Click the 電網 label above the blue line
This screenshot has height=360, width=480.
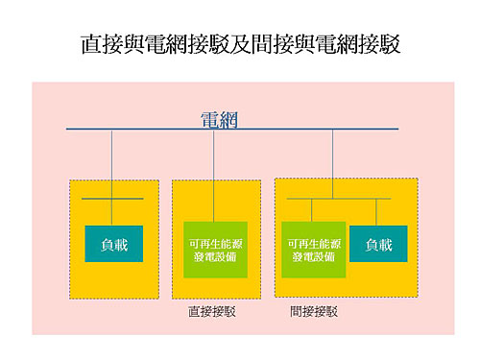click(x=218, y=120)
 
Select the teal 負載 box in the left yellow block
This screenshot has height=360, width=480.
click(x=113, y=245)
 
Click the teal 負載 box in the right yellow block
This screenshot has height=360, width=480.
click(x=378, y=245)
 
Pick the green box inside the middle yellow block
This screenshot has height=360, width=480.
click(x=215, y=250)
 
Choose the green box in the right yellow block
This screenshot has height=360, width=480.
click(x=312, y=250)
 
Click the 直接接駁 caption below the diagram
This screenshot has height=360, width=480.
click(x=212, y=312)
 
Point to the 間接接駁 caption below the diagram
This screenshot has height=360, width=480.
click(x=314, y=312)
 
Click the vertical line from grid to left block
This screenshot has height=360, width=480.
click(x=112, y=163)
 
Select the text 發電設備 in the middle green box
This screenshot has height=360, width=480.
click(x=215, y=258)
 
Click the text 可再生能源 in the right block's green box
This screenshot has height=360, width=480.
click(x=312, y=244)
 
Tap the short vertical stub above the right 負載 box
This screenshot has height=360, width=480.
click(x=376, y=212)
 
